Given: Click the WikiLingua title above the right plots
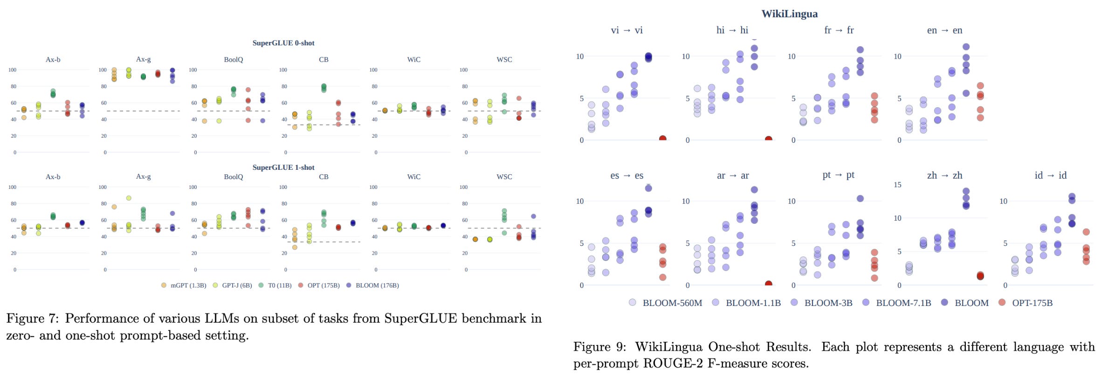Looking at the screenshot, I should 789,14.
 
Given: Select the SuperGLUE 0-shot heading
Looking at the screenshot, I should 283,43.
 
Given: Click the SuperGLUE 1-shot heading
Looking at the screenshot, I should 283,167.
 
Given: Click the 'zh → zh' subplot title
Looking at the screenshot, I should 944,175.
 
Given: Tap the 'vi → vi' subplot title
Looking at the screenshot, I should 626,30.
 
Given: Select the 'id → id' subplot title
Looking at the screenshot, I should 1050,175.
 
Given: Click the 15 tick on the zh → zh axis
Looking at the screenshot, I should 897,185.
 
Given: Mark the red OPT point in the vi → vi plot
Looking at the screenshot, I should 662,139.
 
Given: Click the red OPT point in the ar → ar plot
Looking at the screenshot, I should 768,284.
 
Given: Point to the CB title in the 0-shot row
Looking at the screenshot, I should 323,60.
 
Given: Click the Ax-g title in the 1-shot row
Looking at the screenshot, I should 143,177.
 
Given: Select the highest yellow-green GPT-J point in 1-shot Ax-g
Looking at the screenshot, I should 129,198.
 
